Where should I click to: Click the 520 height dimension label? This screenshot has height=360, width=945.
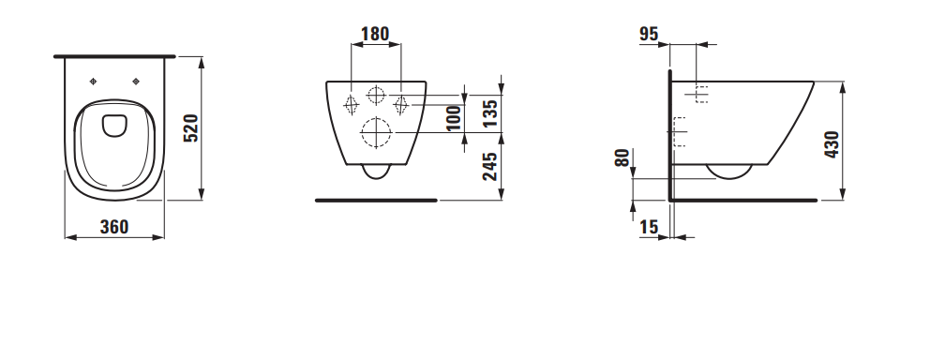coord(191,127)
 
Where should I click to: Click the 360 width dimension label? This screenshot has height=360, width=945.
coord(114,227)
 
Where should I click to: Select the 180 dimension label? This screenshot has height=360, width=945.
coord(375,34)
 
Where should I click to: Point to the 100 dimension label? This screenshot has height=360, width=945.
coord(455,117)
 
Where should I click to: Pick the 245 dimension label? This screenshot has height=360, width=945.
coord(490,167)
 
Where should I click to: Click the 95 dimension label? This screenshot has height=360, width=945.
coord(649,35)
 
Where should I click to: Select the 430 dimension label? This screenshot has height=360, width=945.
coord(832,144)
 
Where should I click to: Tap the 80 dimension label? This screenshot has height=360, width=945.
coord(622,158)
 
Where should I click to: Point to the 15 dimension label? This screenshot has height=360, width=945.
coord(649,227)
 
